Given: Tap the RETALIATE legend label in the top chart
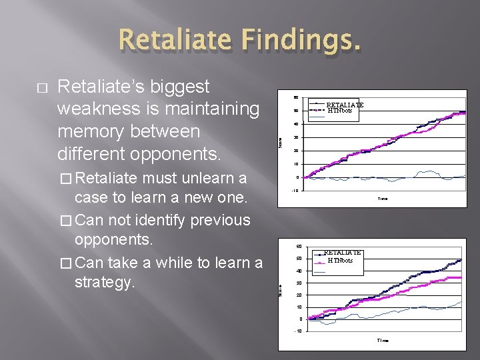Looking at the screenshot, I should coord(345,105).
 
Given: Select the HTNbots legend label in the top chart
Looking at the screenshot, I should coord(339,111).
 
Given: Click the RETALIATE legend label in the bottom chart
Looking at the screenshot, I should coord(342,253).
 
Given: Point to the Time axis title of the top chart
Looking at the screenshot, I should coord(383,199).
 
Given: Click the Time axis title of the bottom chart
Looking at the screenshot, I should coord(383,341).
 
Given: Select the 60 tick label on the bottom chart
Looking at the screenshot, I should coord(299,246).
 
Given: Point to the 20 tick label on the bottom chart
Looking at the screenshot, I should coord(299,295).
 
